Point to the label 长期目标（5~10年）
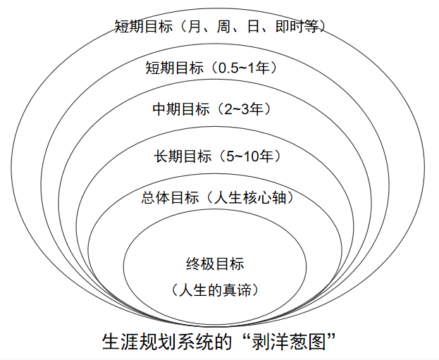(x=218, y=156)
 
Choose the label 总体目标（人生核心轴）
(x=218, y=197)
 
